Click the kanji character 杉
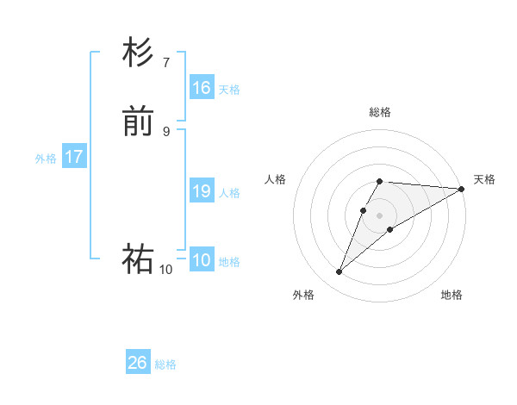point(138,53)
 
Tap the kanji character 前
point(138,121)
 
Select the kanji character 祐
point(138,259)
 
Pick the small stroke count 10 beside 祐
point(165,269)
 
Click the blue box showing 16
point(202,88)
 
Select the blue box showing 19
point(202,191)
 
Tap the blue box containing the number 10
point(202,260)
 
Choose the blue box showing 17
point(74,157)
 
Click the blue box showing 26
point(138,363)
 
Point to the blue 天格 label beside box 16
point(229,89)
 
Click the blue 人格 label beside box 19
point(229,193)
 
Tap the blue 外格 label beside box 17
point(46,159)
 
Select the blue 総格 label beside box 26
point(165,364)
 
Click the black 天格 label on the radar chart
point(484,179)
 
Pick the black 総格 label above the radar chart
point(380,112)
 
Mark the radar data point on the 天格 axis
point(462,189)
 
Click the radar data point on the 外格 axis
point(339,272)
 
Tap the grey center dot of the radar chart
point(380,215)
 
